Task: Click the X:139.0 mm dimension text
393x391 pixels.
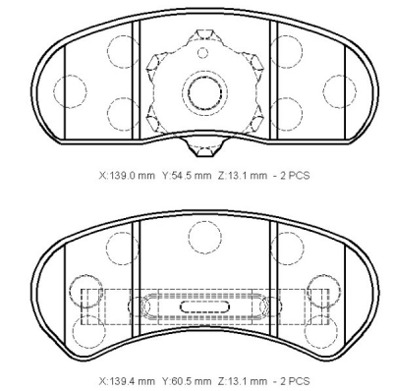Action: click(x=127, y=176)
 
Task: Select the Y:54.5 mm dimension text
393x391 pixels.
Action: click(x=187, y=176)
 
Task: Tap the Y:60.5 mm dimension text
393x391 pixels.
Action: click(x=187, y=381)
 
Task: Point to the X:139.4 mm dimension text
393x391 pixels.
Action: click(x=127, y=381)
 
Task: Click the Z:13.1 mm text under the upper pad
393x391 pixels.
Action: click(x=243, y=176)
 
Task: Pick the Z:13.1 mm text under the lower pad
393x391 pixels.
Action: click(x=243, y=381)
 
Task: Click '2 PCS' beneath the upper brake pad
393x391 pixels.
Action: click(x=295, y=176)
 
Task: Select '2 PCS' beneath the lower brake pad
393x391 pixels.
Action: click(x=295, y=381)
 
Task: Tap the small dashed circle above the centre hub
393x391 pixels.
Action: click(x=203, y=52)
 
